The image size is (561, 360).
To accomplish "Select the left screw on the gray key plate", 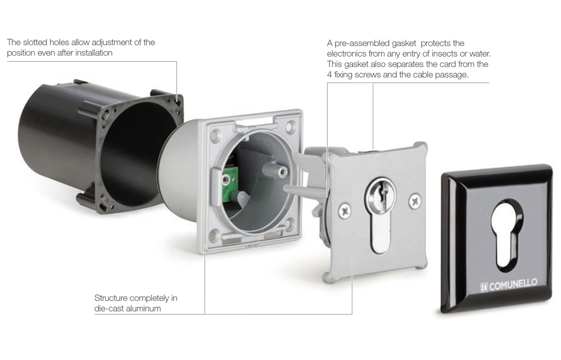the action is (345, 210).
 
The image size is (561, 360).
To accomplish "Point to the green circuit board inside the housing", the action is (229, 186).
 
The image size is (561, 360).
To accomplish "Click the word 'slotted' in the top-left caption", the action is (35, 42).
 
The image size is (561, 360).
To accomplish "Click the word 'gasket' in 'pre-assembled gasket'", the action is (404, 43).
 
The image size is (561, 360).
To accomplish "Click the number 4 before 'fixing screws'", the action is (329, 75).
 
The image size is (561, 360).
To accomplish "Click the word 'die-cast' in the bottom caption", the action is (109, 308).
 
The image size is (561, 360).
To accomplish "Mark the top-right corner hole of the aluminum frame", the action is (291, 126).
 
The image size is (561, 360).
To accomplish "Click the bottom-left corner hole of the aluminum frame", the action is (214, 235).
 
